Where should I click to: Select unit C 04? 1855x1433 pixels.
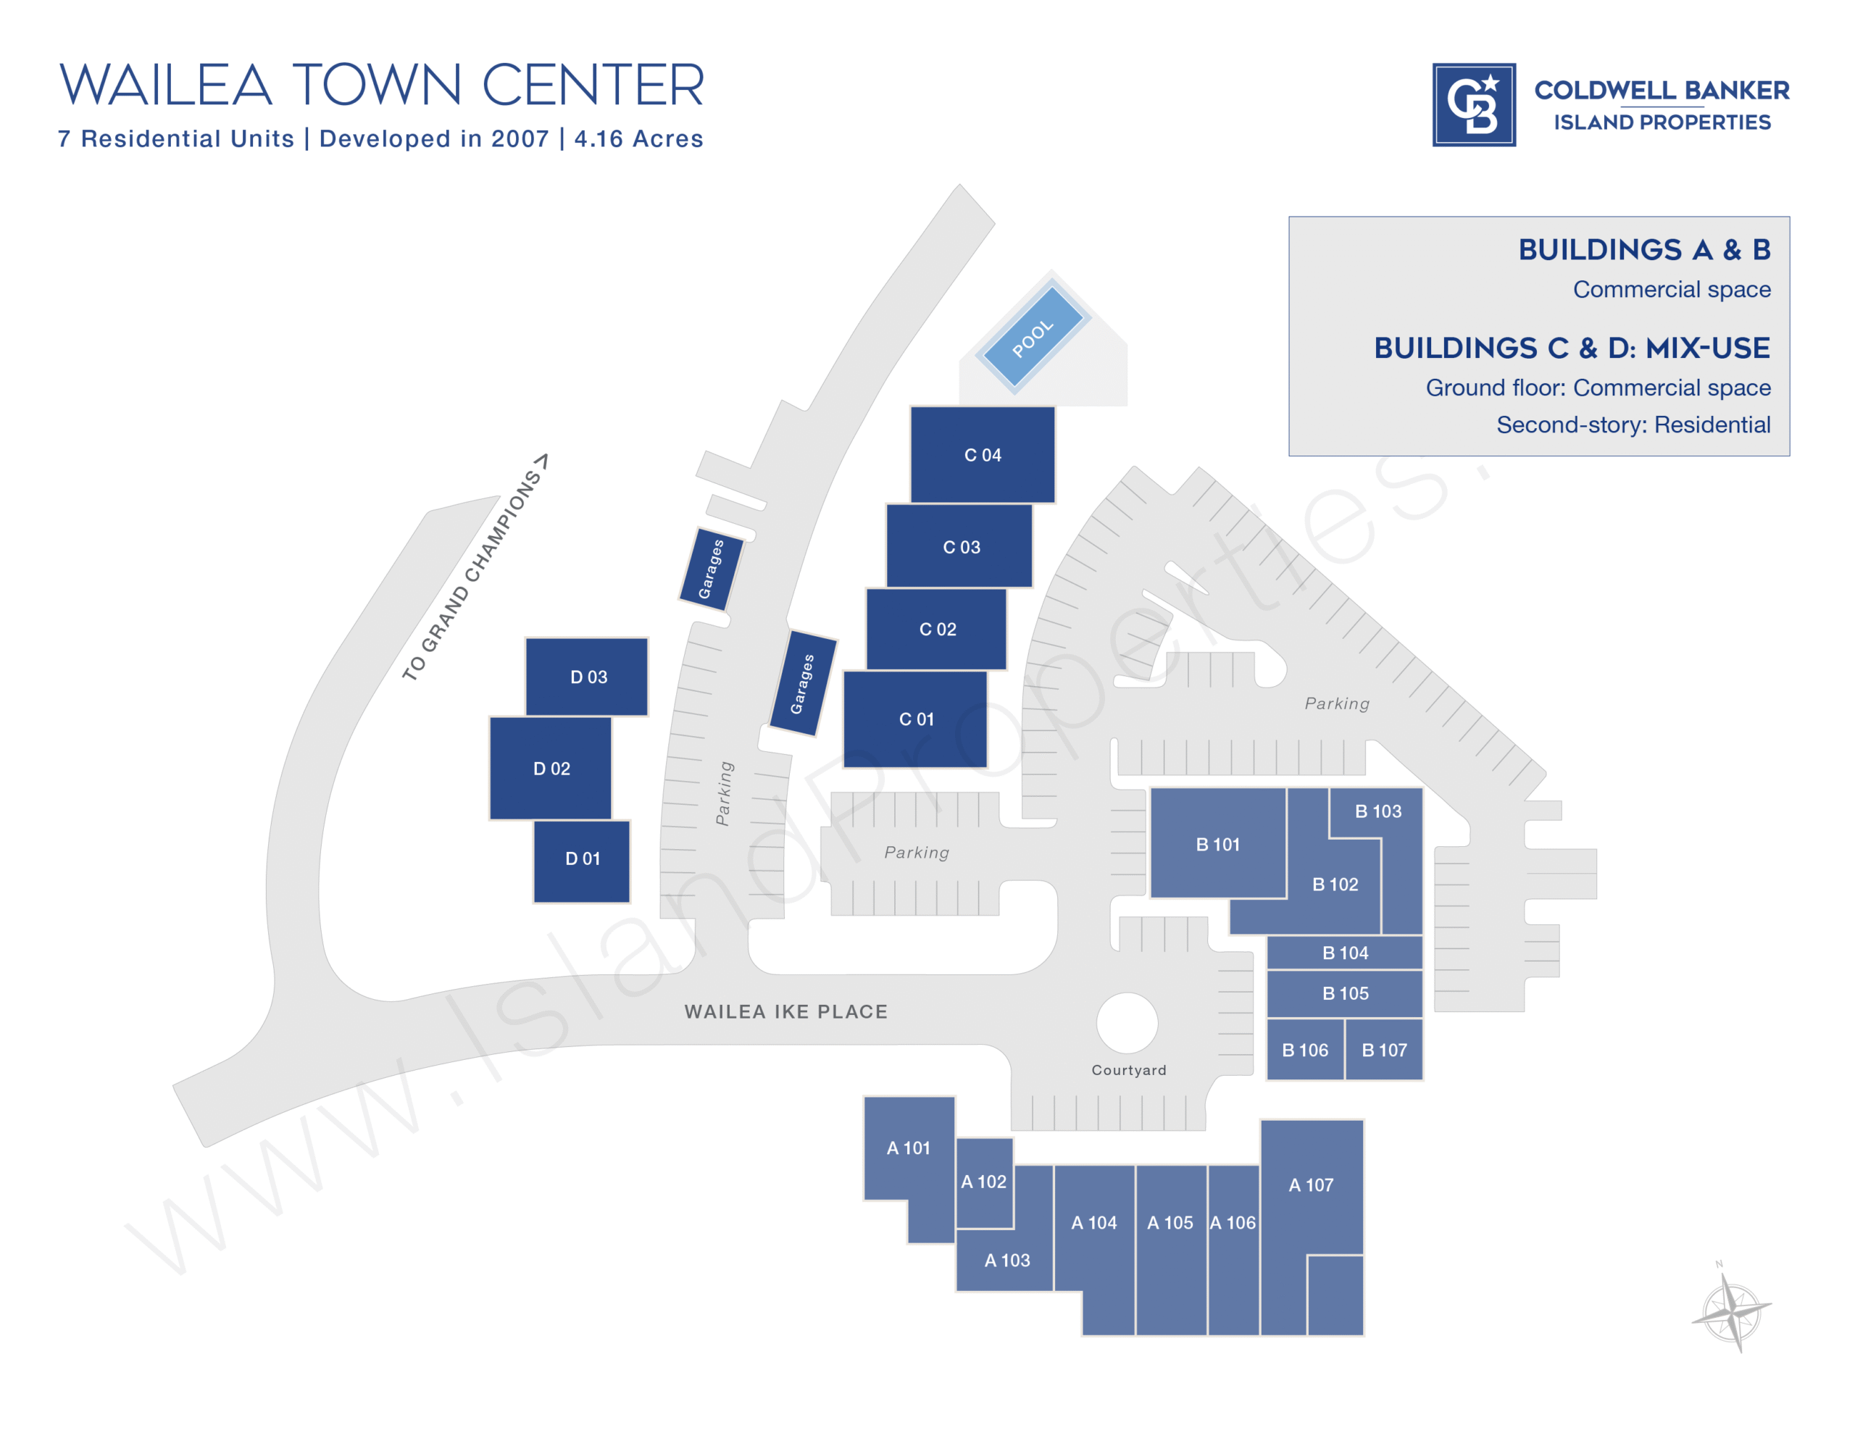pyautogui.click(x=982, y=454)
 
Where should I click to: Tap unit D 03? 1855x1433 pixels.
pyautogui.click(x=587, y=676)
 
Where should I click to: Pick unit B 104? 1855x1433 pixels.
pyautogui.click(x=1345, y=952)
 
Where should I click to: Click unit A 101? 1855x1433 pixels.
pyautogui.click(x=908, y=1148)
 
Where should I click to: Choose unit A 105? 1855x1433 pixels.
pyautogui.click(x=1170, y=1223)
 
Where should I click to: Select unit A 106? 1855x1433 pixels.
pyautogui.click(x=1233, y=1223)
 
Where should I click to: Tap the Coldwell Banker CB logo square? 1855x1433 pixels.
pyautogui.click(x=1474, y=104)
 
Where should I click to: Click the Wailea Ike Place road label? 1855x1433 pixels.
pyautogui.click(x=785, y=1011)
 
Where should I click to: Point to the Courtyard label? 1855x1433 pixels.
pyautogui.click(x=1129, y=1070)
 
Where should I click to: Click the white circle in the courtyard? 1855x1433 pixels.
pyautogui.click(x=1126, y=1023)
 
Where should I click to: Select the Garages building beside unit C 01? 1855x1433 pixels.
pyautogui.click(x=803, y=683)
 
